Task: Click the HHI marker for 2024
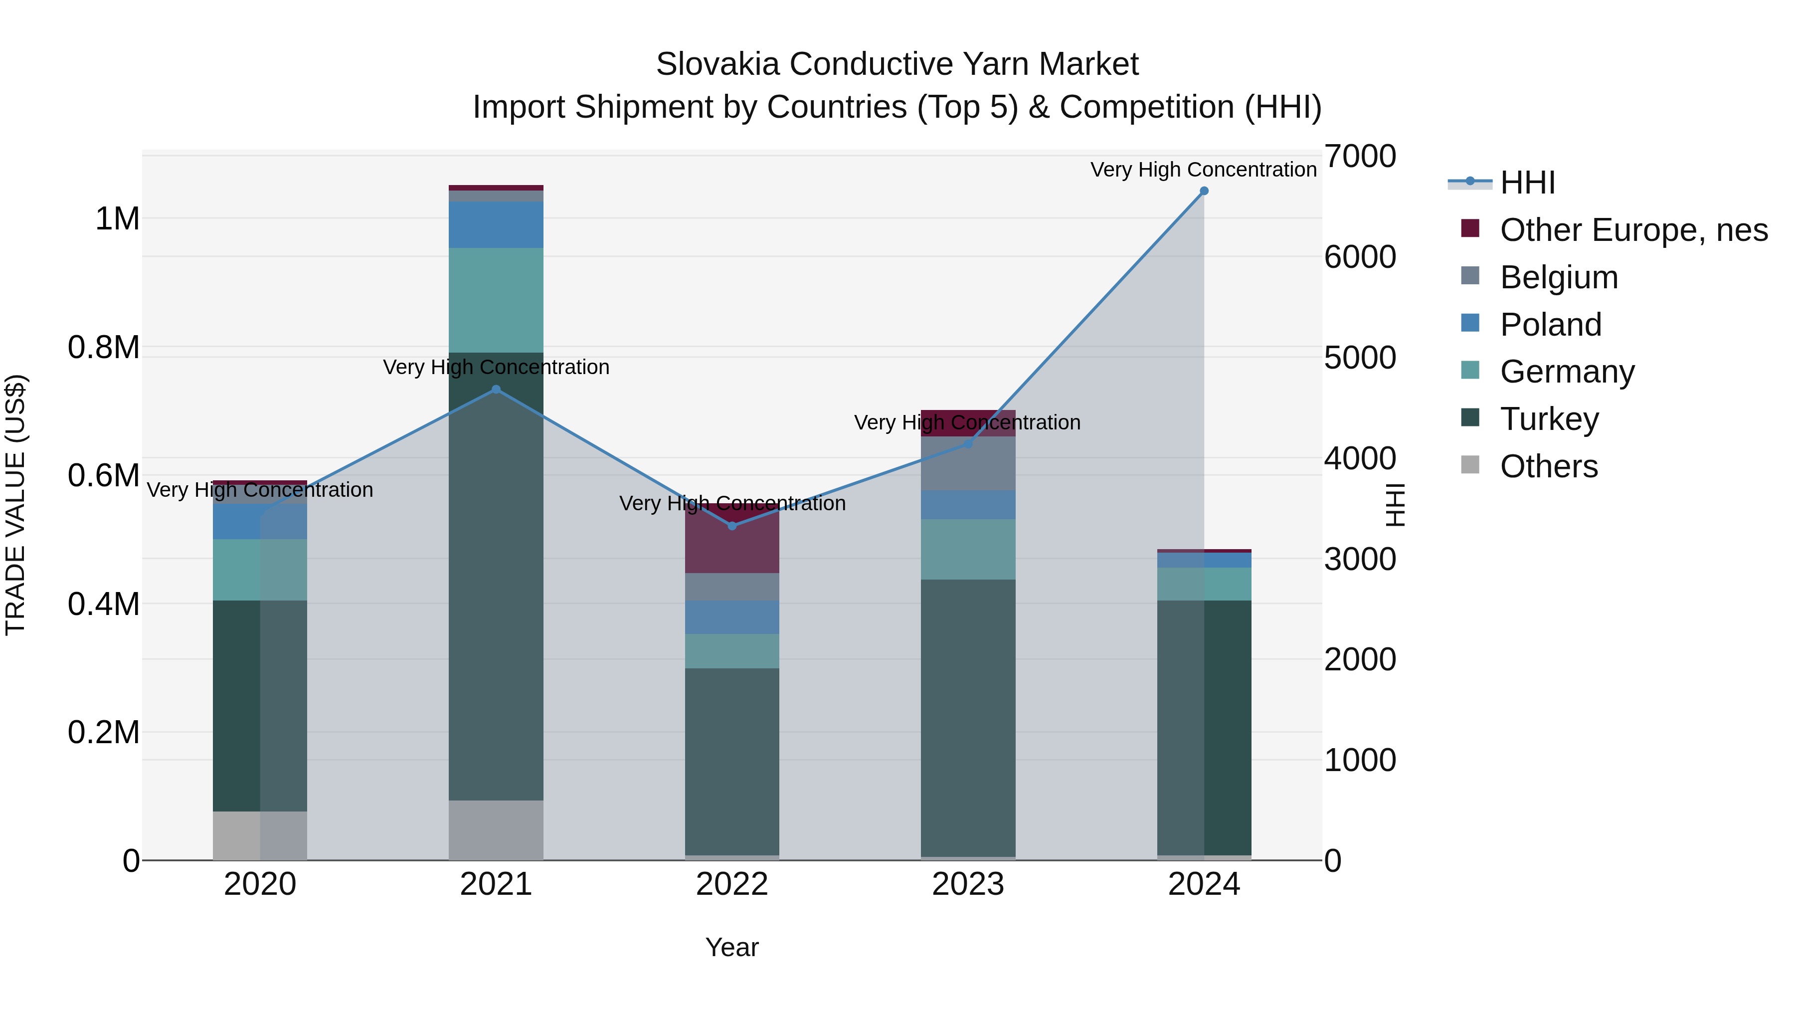click(1204, 191)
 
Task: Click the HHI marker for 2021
click(496, 390)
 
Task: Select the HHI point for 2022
click(731, 526)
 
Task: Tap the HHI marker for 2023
click(968, 443)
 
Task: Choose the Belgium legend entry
click(1558, 277)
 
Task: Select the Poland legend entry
click(1550, 325)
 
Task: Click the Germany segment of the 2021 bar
click(496, 300)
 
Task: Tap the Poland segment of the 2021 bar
click(496, 224)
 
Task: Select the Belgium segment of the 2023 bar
click(968, 463)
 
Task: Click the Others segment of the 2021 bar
click(496, 829)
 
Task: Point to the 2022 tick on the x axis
click(731, 884)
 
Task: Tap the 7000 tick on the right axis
click(1360, 156)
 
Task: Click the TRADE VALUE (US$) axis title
click(15, 505)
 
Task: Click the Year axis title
click(731, 947)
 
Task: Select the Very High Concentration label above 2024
click(1204, 170)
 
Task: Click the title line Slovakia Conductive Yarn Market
click(897, 64)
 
